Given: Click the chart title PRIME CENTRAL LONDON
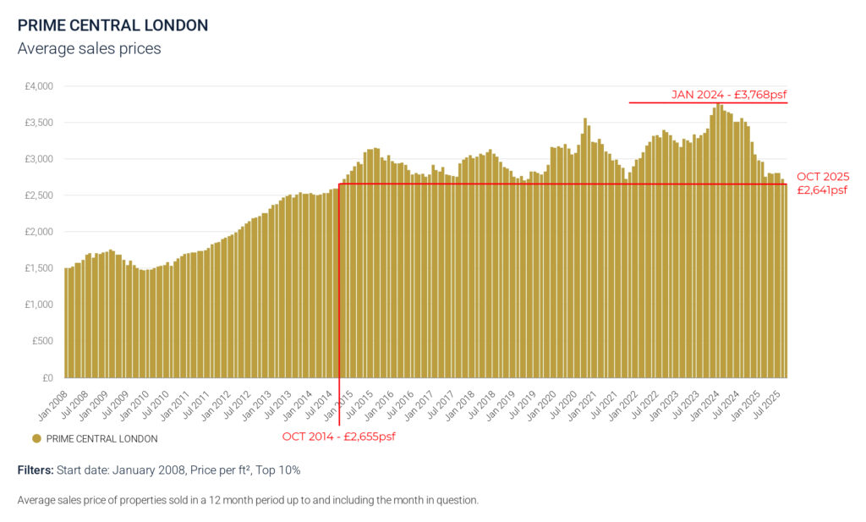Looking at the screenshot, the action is (112, 25).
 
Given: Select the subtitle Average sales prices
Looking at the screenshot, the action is (89, 48).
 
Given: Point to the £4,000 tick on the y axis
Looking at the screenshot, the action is (39, 86).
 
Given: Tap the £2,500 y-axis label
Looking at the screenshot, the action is (39, 195).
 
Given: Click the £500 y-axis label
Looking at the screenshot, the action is (42, 341).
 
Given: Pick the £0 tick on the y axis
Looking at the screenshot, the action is (47, 378).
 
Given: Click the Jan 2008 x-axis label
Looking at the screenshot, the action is (53, 405).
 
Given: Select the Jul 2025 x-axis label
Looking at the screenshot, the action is (766, 405).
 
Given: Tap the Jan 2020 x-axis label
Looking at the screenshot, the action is (541, 405).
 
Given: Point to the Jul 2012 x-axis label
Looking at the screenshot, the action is (237, 405).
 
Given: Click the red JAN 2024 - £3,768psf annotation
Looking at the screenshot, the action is (729, 95).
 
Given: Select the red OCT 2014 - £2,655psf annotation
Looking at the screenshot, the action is (338, 437).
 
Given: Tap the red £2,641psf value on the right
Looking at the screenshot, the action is (822, 190).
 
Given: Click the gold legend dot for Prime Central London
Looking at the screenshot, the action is (36, 438).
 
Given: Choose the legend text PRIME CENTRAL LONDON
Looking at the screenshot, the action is (101, 438).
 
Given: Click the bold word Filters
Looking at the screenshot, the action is (36, 470).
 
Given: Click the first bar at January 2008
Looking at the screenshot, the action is (67, 323).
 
